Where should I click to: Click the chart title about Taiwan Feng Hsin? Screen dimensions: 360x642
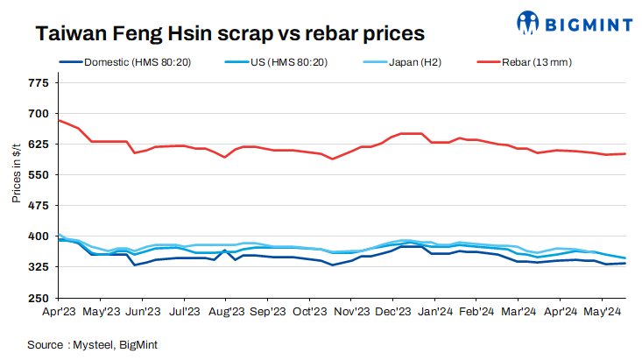coord(229,33)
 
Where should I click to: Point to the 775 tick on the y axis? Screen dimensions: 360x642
coord(39,83)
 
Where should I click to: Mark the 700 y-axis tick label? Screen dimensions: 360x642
coord(39,114)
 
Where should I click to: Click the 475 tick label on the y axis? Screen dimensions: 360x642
coord(39,206)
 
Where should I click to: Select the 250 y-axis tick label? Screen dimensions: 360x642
coord(39,298)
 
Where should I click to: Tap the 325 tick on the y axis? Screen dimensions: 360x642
coord(39,267)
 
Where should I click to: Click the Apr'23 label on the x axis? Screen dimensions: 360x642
coord(60,311)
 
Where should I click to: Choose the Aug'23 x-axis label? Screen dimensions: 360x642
coord(227,311)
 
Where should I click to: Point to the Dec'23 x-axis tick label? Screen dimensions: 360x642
coord(393,311)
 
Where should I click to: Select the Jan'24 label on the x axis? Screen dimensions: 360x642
coord(435,311)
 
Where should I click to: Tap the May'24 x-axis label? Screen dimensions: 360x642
coord(603,311)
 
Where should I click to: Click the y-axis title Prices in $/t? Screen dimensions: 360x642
coord(16,174)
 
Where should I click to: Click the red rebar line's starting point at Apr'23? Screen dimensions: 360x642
coord(60,120)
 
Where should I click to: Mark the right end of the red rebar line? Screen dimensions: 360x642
coord(624,153)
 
